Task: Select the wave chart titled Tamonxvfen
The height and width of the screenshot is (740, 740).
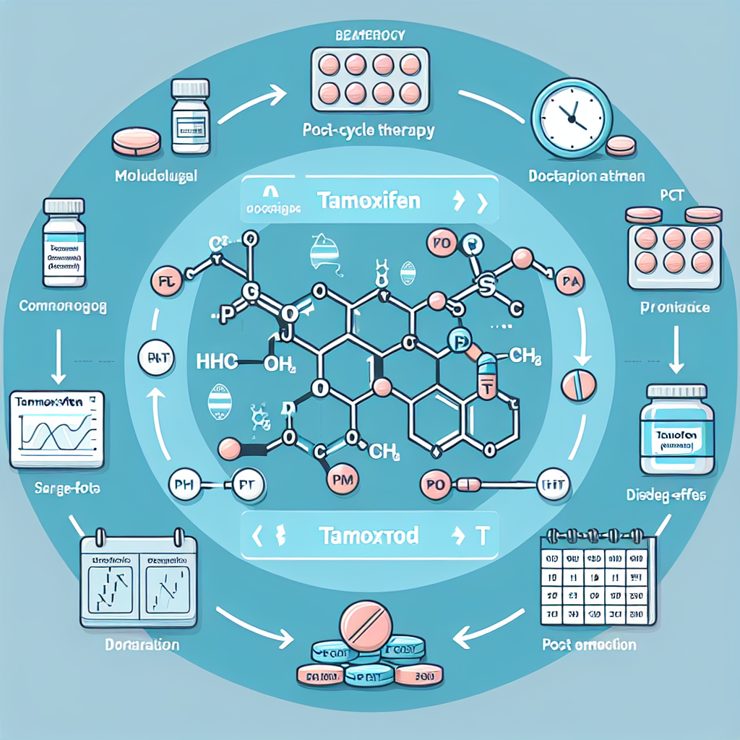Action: point(57,431)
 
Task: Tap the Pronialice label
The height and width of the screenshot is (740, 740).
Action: point(675,307)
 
